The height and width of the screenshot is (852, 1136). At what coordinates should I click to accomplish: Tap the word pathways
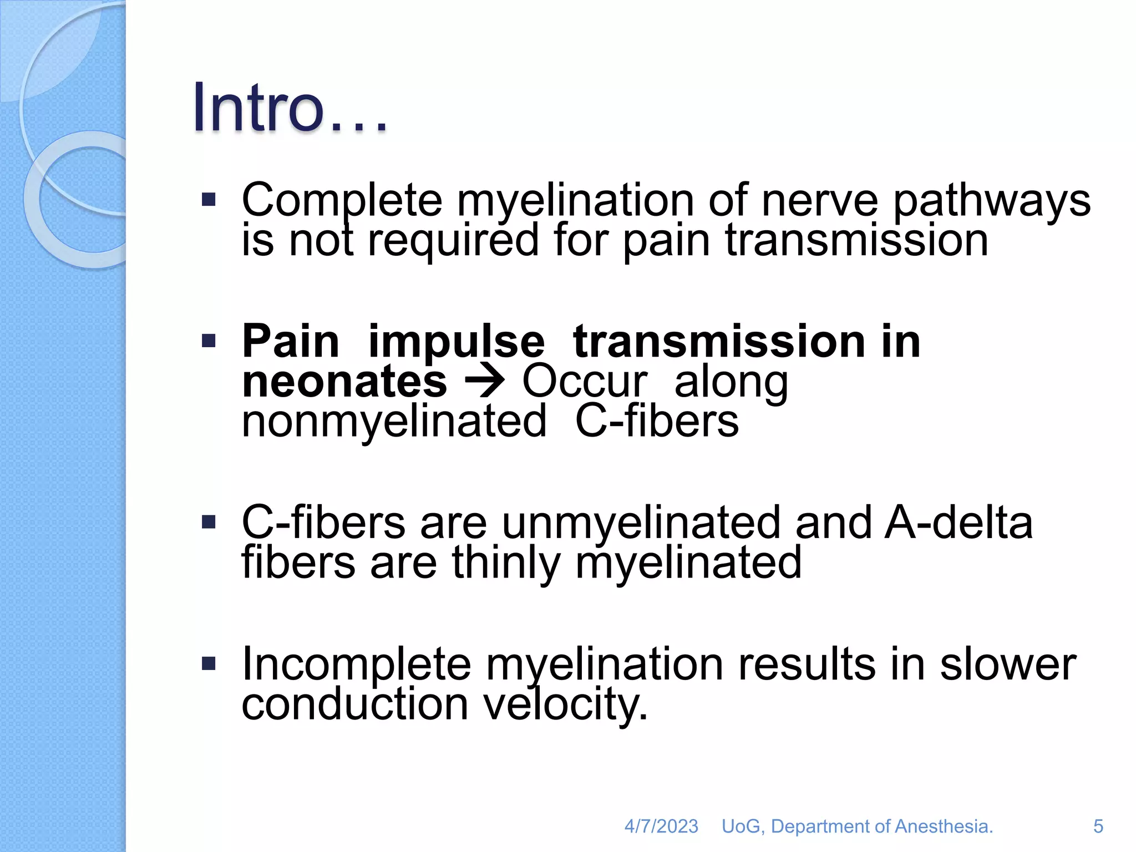coord(991,201)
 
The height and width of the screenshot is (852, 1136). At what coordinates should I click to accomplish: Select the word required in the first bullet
coord(453,241)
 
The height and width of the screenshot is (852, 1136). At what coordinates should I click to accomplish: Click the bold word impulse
coord(456,342)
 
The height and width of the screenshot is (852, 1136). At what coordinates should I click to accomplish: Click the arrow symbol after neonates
coord(484,382)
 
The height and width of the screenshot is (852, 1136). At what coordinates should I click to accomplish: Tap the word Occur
coord(585,382)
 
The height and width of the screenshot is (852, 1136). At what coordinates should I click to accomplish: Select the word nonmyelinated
coord(394,422)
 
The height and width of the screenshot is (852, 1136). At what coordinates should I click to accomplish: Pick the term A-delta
coord(958,523)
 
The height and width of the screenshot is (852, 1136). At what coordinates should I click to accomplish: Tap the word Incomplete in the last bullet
coord(356,665)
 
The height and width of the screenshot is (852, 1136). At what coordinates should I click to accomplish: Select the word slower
coord(1007,665)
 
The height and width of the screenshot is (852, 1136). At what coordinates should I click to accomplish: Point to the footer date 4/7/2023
coord(661,826)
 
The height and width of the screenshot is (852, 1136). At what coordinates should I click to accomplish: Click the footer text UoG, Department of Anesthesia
coord(857,826)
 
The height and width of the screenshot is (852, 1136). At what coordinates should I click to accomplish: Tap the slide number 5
coord(1098,826)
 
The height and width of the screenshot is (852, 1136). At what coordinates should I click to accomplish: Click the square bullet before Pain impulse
coord(209,341)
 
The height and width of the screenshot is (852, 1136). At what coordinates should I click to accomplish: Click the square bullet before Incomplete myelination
coord(209,663)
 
